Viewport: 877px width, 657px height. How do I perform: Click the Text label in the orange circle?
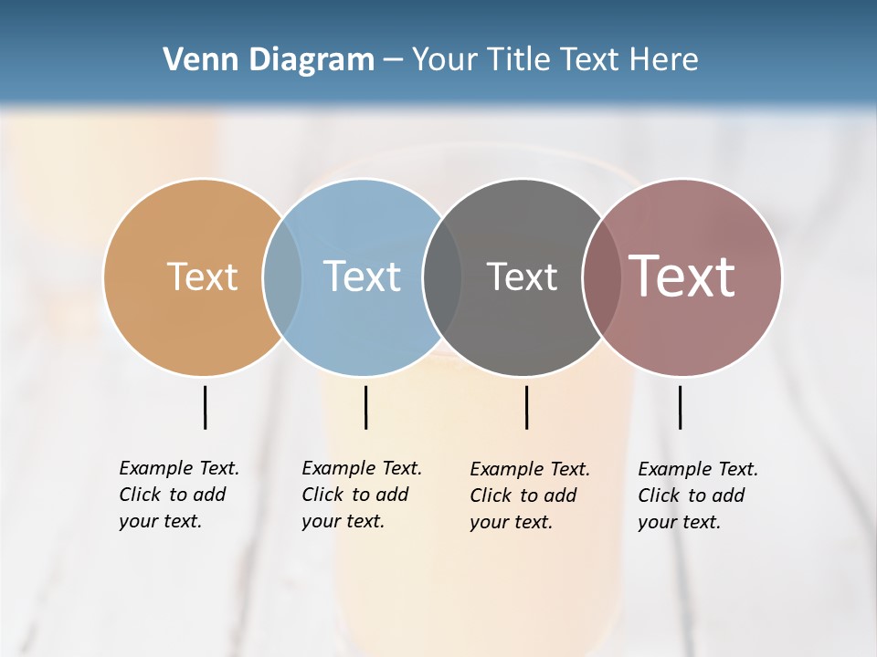(x=202, y=276)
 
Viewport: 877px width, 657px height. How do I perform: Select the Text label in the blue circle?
(x=363, y=276)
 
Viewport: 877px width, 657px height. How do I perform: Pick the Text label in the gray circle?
(x=522, y=276)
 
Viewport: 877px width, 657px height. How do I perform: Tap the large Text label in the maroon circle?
(x=682, y=276)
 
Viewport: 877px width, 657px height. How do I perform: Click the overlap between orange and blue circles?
(x=282, y=276)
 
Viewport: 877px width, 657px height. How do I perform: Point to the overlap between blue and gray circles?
(x=442, y=276)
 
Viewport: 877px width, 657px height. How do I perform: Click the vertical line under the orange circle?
(x=205, y=407)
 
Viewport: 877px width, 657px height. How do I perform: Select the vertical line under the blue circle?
(x=365, y=407)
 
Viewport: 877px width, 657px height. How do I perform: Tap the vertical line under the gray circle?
(x=526, y=407)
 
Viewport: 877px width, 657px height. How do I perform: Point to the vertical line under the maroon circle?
(x=680, y=407)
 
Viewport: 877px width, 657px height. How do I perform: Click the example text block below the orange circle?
(x=179, y=495)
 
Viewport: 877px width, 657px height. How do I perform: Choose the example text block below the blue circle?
(x=362, y=495)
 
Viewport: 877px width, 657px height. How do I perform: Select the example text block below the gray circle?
(x=530, y=495)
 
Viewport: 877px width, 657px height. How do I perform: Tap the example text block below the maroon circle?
(x=698, y=495)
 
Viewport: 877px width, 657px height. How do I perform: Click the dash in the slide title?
(x=393, y=60)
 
